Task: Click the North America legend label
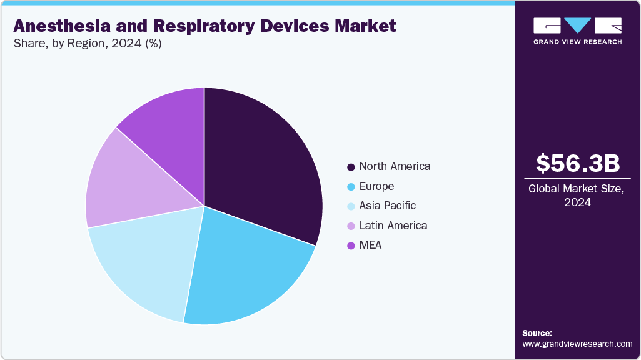coord(395,166)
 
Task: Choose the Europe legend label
coord(376,186)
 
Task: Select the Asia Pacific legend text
coord(387,206)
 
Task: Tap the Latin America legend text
coord(393,226)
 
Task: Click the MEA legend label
coord(370,245)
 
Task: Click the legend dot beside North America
coord(351,167)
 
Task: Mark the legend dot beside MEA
coord(351,246)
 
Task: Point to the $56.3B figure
coord(578,163)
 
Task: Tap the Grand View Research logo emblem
coord(578,26)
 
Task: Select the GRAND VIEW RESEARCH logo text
coord(578,42)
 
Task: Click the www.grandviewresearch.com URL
coord(577,344)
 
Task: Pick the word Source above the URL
coord(537,333)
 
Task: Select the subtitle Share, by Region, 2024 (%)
coord(87,44)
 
